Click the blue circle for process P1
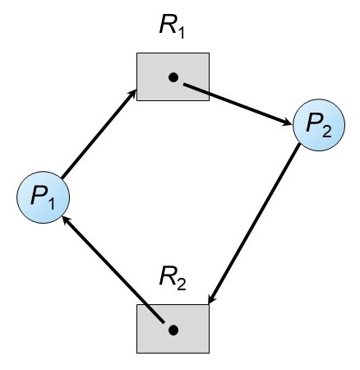pyautogui.click(x=44, y=197)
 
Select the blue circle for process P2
pyautogui.click(x=319, y=125)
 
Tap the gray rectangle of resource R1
pyautogui.click(x=173, y=76)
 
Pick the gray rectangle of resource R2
pyautogui.click(x=173, y=329)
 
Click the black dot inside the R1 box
pyautogui.click(x=173, y=77)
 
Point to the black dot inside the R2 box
pyautogui.click(x=173, y=331)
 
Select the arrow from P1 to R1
pyautogui.click(x=99, y=134)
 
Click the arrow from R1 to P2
pyautogui.click(x=238, y=104)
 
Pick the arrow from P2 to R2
pyautogui.click(x=254, y=224)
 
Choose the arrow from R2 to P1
pyautogui.click(x=113, y=269)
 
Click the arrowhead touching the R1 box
pyautogui.click(x=132, y=94)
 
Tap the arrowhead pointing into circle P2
pyautogui.click(x=287, y=123)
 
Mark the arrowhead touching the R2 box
pyautogui.click(x=211, y=298)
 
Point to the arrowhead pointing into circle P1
pyautogui.click(x=67, y=220)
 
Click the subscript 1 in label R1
pyautogui.click(x=180, y=33)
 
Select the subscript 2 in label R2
pyautogui.click(x=182, y=284)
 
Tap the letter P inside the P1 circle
pyautogui.click(x=39, y=195)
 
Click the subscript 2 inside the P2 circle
pyautogui.click(x=327, y=132)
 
